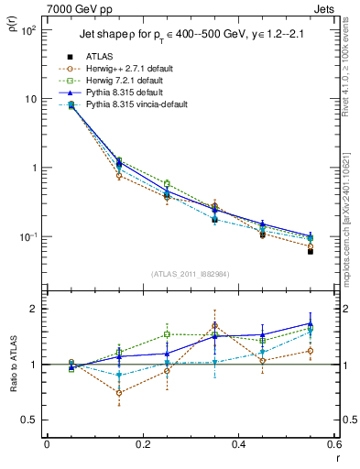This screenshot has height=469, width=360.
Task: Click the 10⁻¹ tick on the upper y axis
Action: click(29, 236)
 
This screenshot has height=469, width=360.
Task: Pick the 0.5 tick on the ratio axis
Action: click(32, 420)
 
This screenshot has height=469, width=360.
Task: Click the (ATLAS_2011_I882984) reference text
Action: click(191, 273)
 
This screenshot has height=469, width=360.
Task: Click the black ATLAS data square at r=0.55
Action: click(311, 250)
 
